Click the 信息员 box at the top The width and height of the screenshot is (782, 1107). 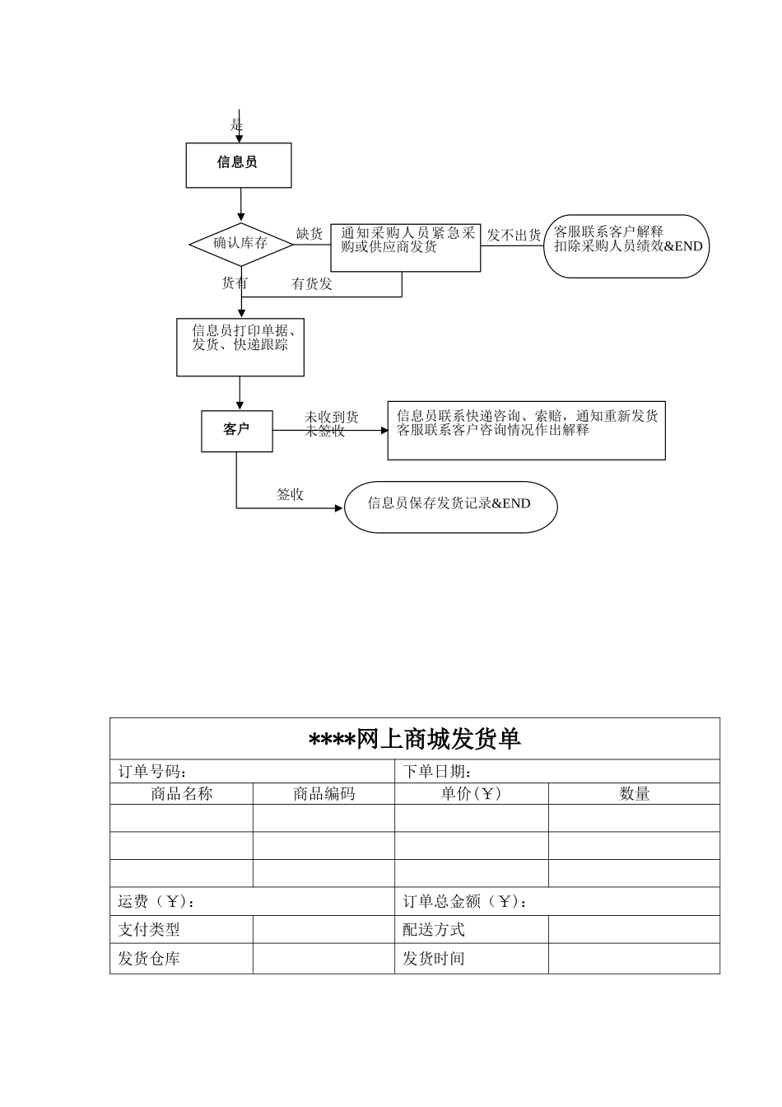tap(238, 164)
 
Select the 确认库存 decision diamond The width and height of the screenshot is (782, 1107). tap(240, 244)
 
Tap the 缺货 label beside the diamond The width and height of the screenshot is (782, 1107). tap(310, 234)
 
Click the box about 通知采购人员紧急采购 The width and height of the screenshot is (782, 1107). tap(406, 247)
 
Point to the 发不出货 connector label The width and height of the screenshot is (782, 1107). tap(514, 236)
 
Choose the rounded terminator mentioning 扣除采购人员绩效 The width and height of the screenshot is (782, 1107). tap(626, 245)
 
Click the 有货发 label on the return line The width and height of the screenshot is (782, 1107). tap(312, 284)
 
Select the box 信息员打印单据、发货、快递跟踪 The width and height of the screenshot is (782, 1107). tap(240, 347)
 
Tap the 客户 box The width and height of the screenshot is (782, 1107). tap(237, 430)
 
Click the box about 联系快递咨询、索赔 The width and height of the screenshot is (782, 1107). tap(526, 430)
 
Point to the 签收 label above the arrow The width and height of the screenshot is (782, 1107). tap(290, 495)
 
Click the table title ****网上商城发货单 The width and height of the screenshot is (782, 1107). tap(415, 740)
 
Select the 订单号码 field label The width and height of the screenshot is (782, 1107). tap(151, 772)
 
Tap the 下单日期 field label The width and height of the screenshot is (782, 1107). tap(437, 772)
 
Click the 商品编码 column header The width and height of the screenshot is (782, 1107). tap(324, 794)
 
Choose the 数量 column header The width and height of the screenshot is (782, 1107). tap(634, 794)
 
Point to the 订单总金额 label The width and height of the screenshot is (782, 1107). tap(465, 902)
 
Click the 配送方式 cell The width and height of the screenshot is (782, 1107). tap(434, 930)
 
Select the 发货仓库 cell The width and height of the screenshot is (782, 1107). tap(149, 959)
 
